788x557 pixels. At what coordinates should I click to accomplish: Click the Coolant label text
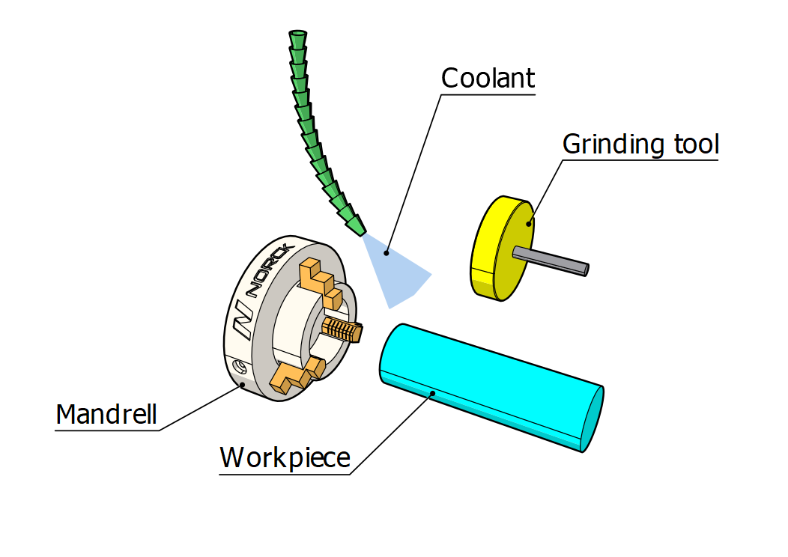pos(488,79)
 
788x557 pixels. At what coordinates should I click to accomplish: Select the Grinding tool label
pos(640,144)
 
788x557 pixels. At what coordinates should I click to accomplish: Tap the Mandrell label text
pos(106,413)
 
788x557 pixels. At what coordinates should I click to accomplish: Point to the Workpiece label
pos(285,457)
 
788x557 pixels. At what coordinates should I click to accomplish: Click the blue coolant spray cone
pos(397,270)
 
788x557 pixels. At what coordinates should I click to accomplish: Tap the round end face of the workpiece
pos(592,418)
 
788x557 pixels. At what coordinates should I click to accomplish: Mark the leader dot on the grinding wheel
pos(529,222)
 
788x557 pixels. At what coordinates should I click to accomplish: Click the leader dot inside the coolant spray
pos(387,253)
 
